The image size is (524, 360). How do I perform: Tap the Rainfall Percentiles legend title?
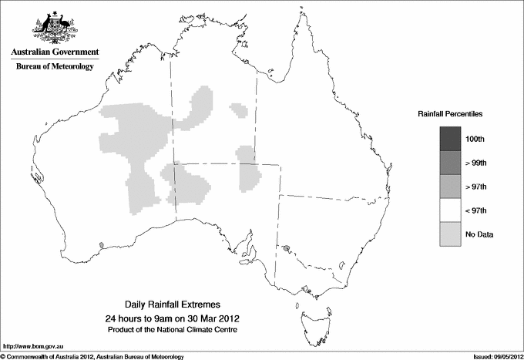[450, 113]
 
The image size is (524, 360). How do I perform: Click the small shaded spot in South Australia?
[287, 250]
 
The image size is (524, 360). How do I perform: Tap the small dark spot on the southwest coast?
[101, 247]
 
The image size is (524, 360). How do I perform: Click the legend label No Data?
[479, 234]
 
